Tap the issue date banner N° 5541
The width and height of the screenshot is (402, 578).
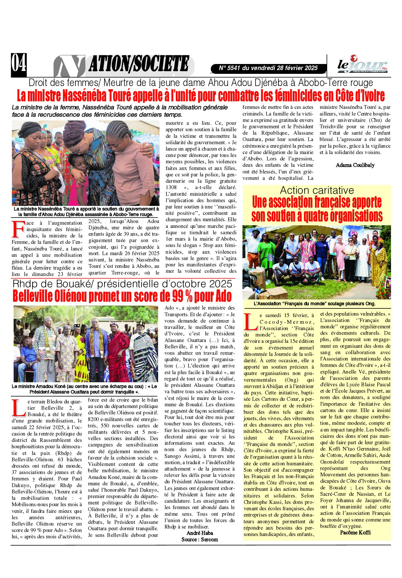(268, 68)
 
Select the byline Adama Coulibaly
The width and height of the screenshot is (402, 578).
(355, 165)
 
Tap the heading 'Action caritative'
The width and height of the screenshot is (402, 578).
(317, 190)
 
